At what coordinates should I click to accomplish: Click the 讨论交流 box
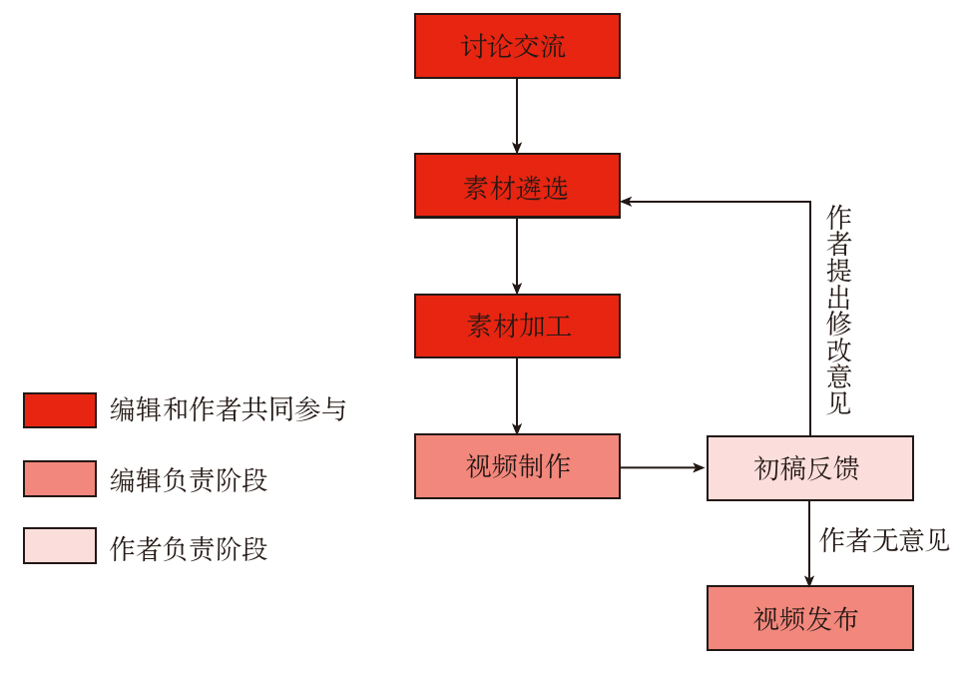(517, 46)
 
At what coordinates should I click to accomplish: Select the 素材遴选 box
(517, 186)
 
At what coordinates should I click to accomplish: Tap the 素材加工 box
(517, 327)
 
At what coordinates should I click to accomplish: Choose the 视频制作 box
(517, 466)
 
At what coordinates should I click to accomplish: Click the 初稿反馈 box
(809, 468)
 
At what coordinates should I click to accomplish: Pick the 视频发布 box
(809, 618)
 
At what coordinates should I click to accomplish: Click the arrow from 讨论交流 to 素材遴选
(517, 116)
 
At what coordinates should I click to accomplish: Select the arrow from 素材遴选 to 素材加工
(517, 256)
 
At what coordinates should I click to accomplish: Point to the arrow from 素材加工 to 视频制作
(517, 395)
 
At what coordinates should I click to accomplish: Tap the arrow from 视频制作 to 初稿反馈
(663, 467)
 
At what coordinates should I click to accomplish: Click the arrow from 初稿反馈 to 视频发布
(809, 543)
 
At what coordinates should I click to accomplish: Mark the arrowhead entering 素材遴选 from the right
(628, 202)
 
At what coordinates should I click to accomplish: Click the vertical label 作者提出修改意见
(839, 311)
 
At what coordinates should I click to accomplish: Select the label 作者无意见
(884, 541)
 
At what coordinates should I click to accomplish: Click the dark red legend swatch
(60, 409)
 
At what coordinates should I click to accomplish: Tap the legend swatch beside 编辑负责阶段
(60, 478)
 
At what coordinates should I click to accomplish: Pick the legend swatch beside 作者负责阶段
(60, 546)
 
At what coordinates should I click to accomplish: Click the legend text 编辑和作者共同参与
(228, 409)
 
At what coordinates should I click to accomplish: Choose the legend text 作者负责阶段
(189, 548)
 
